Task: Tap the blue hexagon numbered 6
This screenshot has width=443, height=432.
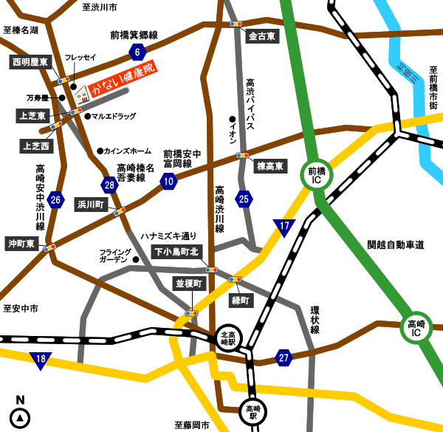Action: tap(136, 51)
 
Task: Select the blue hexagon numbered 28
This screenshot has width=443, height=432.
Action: tap(110, 185)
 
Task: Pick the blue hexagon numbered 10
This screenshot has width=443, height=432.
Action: tap(170, 181)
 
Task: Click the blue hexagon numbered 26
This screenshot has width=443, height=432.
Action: tap(55, 199)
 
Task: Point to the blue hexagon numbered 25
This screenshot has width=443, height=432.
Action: tap(244, 198)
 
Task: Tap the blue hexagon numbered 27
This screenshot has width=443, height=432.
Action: tap(284, 357)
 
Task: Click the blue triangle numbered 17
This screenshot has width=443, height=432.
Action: tap(284, 227)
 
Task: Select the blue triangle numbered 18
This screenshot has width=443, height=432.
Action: tap(41, 360)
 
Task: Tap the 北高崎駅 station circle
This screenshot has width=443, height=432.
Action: tap(230, 338)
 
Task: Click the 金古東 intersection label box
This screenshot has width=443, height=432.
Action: tap(263, 35)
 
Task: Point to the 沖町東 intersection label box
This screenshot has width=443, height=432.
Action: tap(22, 241)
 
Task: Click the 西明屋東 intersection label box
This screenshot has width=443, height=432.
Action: tap(30, 63)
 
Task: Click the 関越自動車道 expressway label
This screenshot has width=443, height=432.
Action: tap(395, 244)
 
